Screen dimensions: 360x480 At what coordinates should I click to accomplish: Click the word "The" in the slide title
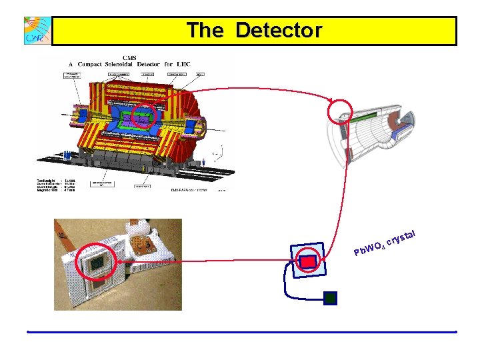tap(207, 31)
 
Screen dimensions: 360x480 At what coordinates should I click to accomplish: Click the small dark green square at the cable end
tap(330, 298)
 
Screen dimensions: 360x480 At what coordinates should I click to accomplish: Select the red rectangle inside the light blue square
tap(308, 261)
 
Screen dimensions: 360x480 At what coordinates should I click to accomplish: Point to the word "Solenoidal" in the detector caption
tap(137, 64)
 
